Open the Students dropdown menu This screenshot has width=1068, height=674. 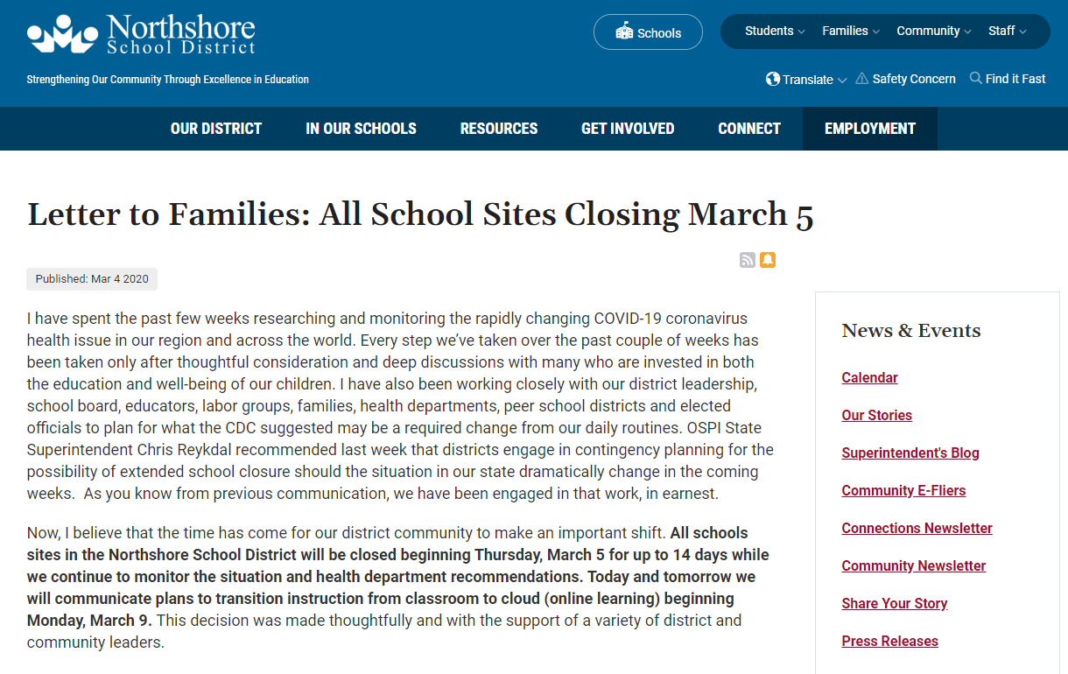(774, 31)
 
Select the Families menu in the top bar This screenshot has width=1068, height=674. (850, 31)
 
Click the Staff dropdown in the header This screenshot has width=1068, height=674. (1007, 31)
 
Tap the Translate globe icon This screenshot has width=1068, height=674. (773, 79)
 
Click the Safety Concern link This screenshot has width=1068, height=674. (905, 79)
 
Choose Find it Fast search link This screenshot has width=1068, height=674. (1008, 79)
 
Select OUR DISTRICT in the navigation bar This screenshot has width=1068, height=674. (216, 129)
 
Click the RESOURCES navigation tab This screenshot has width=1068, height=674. (499, 129)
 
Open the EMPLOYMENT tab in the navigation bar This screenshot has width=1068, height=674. (870, 129)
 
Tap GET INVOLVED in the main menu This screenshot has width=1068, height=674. (628, 129)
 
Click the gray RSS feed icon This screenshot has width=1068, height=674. (748, 260)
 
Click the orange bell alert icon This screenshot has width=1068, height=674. (768, 260)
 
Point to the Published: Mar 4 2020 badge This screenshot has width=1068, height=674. (92, 279)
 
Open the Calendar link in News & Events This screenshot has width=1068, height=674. (869, 377)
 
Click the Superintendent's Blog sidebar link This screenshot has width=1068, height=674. (910, 453)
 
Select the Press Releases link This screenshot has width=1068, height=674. (889, 641)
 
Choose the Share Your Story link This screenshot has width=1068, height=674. (895, 603)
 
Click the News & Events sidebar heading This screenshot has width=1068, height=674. (910, 330)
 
